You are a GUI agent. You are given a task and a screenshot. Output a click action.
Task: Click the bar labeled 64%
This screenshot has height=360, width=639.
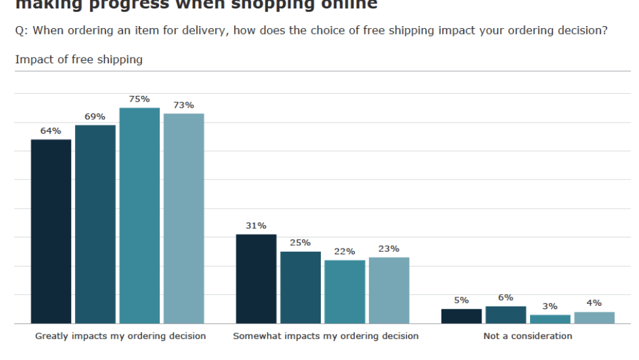(52, 232)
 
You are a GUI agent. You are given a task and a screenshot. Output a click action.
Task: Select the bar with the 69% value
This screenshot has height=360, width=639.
(95, 224)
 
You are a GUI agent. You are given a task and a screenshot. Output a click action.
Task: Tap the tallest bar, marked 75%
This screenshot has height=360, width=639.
(140, 216)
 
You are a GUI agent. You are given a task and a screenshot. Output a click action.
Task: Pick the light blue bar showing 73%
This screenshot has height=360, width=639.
(184, 218)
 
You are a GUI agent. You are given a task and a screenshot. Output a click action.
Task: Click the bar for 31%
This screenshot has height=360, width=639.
(256, 279)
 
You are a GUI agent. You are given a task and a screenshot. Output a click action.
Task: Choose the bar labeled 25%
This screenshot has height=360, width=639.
(301, 288)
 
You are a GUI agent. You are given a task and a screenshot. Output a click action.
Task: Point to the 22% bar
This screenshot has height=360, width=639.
(345, 292)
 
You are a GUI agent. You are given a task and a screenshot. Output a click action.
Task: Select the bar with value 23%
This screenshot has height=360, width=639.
(389, 290)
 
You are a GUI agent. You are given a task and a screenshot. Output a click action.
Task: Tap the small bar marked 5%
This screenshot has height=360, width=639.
(462, 316)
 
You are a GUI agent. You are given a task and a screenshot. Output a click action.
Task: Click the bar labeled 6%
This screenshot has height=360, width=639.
(506, 315)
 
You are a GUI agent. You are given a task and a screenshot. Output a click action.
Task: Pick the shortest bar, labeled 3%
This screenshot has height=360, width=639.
(550, 319)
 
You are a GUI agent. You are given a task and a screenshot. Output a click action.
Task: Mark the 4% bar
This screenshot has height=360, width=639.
(595, 318)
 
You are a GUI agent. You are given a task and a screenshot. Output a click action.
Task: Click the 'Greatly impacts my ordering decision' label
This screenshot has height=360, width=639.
(121, 337)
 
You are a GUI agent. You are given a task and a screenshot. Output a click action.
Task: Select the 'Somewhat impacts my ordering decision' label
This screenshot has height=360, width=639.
(326, 337)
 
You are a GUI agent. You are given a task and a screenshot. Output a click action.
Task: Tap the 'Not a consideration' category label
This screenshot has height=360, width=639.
(528, 337)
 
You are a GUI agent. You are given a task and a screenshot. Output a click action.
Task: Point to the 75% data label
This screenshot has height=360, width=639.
(140, 99)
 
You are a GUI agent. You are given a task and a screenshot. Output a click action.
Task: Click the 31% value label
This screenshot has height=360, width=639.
(256, 226)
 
